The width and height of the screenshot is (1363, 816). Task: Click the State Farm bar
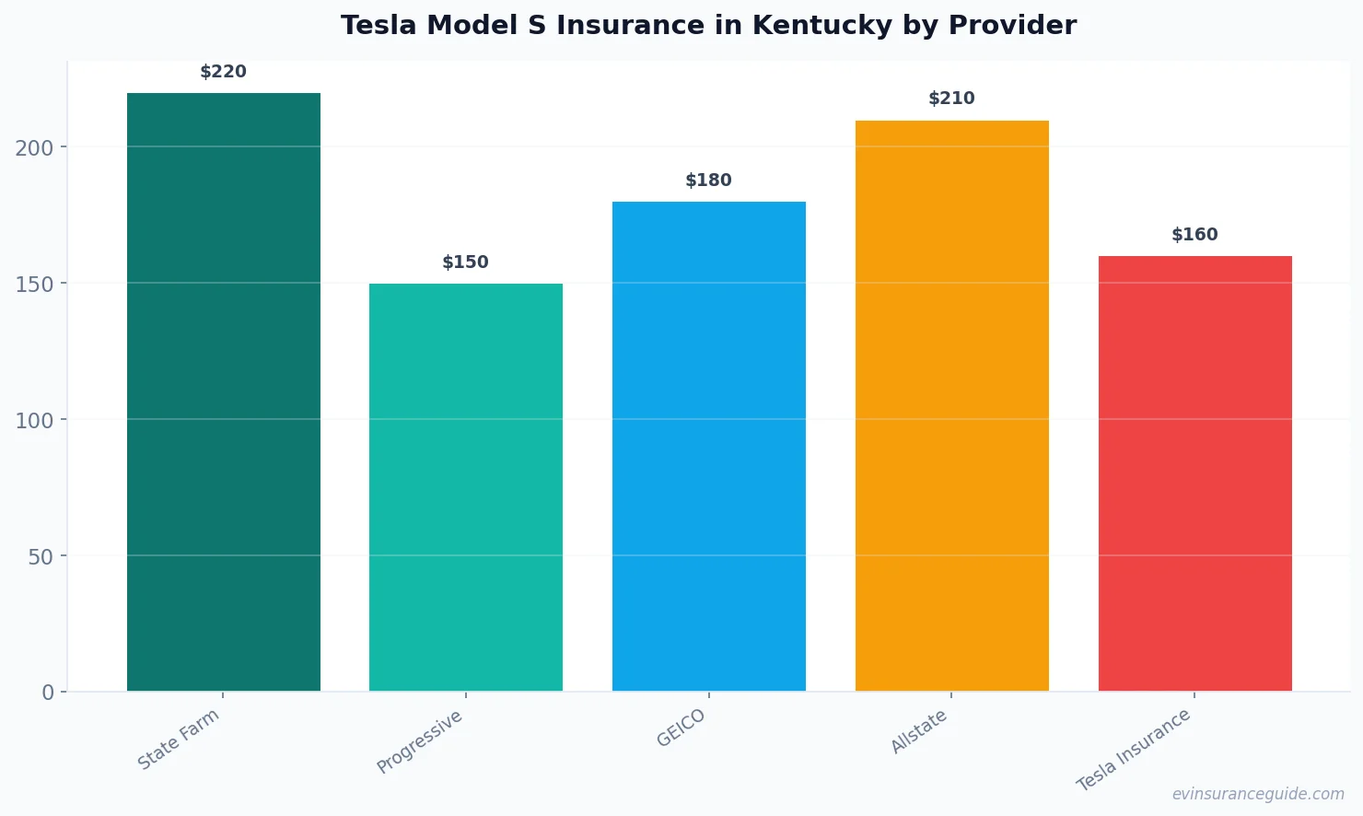(x=224, y=391)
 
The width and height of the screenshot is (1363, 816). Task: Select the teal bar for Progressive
(x=466, y=487)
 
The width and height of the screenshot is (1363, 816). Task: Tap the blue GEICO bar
(x=709, y=446)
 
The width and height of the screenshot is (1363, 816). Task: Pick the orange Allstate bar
(x=951, y=405)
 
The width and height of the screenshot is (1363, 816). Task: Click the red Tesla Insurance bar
(x=1194, y=473)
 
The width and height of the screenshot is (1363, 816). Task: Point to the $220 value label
(x=224, y=72)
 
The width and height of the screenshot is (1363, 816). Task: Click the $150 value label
(x=466, y=262)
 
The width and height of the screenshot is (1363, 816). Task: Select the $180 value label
(x=709, y=181)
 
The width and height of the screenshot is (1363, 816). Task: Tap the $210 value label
(x=951, y=99)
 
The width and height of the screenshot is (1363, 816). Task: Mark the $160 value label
(x=1194, y=235)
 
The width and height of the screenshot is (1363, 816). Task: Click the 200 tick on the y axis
(x=34, y=147)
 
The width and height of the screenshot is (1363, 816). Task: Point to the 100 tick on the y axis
(x=34, y=420)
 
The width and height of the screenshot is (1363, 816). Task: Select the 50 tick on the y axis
(x=41, y=556)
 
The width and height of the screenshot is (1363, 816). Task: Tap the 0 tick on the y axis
(x=48, y=693)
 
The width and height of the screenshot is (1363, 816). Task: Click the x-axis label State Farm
(x=179, y=740)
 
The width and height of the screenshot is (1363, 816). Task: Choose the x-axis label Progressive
(x=420, y=742)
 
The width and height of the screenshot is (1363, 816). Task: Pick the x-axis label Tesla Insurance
(x=1134, y=750)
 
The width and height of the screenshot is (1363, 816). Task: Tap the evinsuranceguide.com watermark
(x=1257, y=794)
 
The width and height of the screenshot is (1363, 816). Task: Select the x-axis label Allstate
(x=918, y=732)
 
